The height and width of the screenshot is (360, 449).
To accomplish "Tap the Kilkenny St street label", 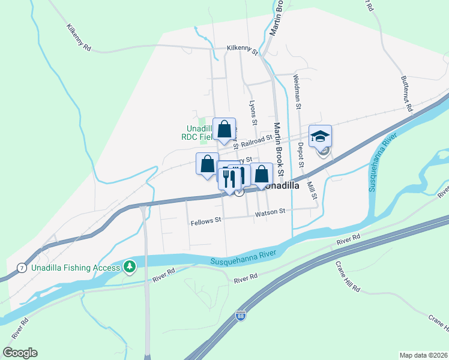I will pos(242,50).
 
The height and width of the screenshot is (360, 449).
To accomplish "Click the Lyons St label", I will pos(253,113).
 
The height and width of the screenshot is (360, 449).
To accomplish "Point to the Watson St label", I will pos(270,212).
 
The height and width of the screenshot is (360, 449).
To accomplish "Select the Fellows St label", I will pos(206,221).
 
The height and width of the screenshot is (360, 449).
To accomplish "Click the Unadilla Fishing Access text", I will pos(68,267).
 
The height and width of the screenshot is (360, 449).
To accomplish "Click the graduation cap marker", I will pos(320,136).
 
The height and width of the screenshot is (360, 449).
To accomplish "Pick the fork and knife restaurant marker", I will pos(228,176).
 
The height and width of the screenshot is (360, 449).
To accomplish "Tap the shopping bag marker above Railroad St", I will pos(224,129).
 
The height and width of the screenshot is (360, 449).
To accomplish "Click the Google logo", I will pos(20,353).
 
